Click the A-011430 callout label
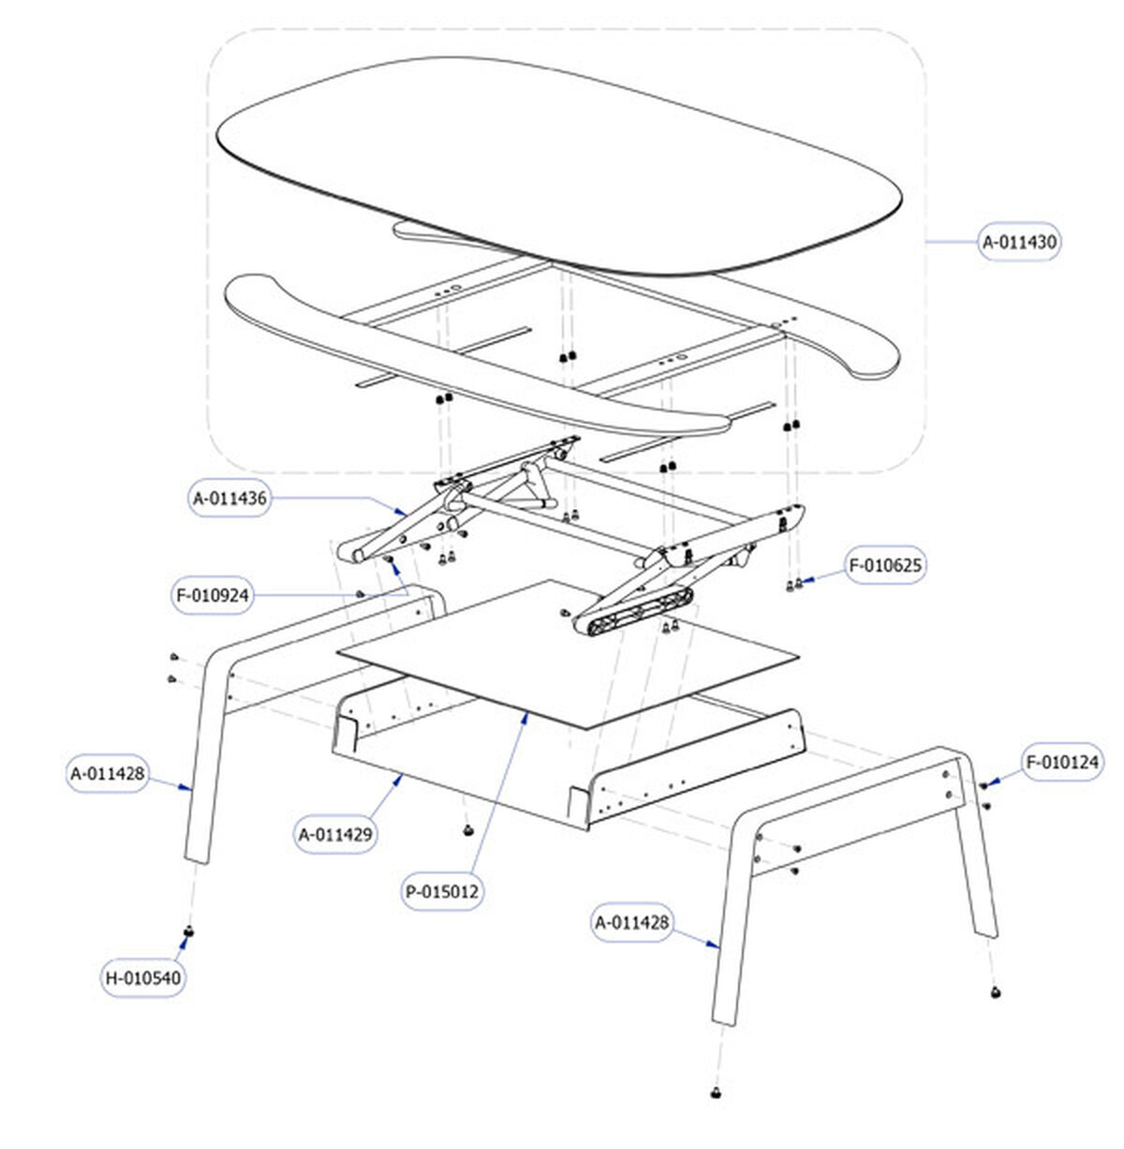1020,242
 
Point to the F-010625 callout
885,565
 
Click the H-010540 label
143,978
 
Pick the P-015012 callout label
443,892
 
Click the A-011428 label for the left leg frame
108,774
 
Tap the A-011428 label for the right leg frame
633,922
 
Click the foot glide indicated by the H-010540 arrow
188,932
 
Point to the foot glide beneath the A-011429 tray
466,830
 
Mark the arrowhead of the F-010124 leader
989,783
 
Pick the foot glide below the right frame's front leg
717,1093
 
